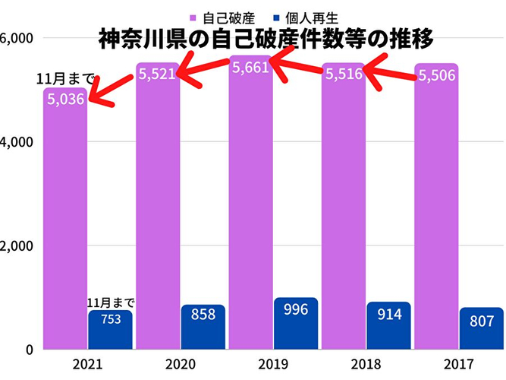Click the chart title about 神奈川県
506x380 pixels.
tap(266, 38)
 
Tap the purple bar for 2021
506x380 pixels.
tap(64, 228)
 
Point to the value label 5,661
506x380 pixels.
tap(250, 68)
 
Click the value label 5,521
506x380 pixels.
tap(156, 74)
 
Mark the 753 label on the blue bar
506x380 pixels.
tap(110, 320)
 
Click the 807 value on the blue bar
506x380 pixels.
tap(482, 321)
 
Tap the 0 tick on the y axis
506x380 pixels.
tap(27, 350)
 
